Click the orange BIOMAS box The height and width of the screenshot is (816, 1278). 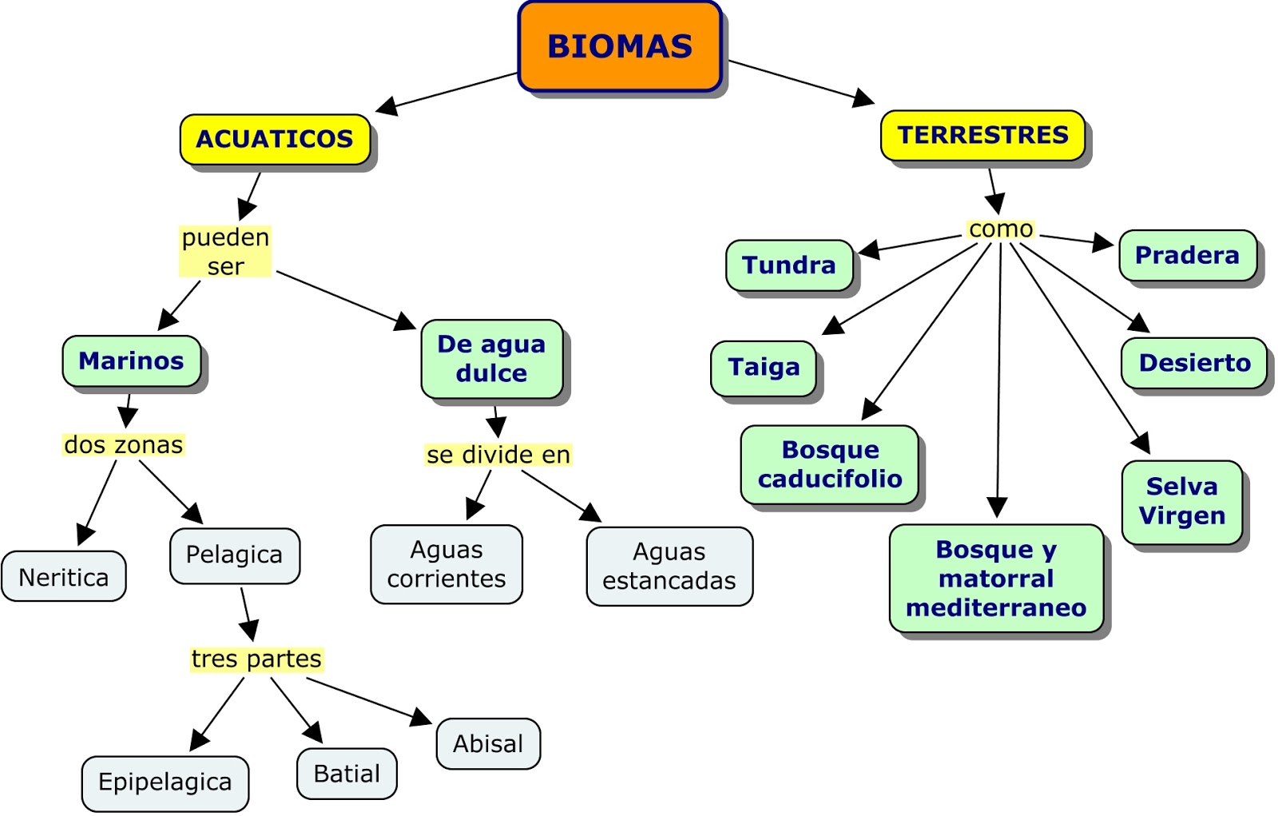620,46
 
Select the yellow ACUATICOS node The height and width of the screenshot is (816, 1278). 275,139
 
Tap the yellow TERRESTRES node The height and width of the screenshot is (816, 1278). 982,135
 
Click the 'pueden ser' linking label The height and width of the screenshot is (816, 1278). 225,251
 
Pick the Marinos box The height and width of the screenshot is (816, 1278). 132,361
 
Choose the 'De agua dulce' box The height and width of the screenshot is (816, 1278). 491,359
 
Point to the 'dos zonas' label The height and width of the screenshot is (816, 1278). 123,444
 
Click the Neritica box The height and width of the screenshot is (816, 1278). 63,576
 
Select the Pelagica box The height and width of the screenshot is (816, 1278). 234,555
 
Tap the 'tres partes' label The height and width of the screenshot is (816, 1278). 256,659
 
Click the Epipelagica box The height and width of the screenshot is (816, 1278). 165,782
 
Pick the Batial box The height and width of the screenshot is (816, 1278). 347,774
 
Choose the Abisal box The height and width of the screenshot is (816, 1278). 488,743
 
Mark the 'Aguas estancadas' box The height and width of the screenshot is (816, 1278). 669,566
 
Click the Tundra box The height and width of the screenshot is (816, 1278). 788,265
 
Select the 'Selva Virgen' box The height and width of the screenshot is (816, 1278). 1181,501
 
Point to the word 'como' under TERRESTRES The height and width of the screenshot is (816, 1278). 1000,229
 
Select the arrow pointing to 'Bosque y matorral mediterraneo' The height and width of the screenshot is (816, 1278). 998,376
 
